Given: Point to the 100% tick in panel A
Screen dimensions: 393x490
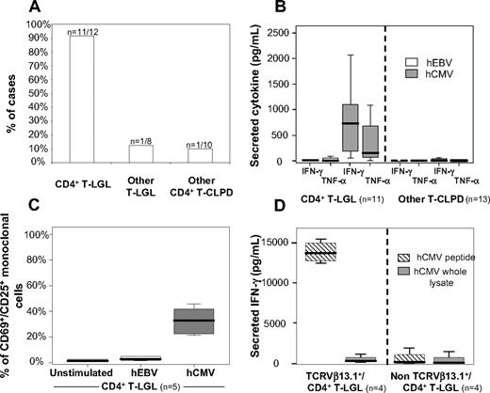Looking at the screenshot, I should (36, 24).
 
